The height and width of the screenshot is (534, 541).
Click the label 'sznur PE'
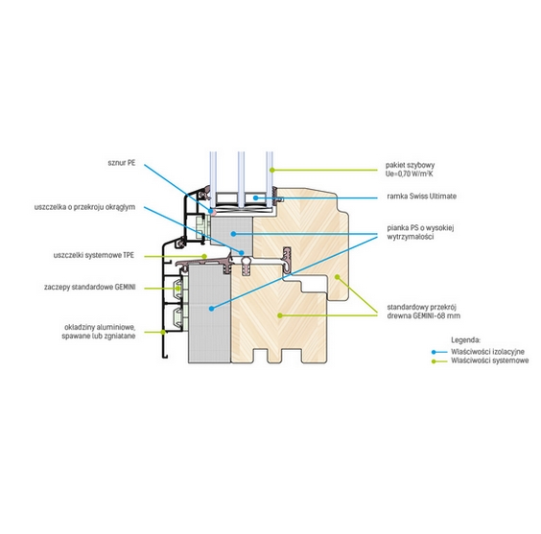tap(122, 163)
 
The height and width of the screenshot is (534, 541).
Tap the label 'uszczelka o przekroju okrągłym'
tap(84, 207)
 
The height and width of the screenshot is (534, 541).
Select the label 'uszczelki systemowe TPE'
tap(93, 255)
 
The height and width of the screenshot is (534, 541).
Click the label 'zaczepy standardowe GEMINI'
tap(90, 288)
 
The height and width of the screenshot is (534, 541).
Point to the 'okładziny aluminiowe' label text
tap(100, 327)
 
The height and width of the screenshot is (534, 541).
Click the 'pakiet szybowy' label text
tap(410, 165)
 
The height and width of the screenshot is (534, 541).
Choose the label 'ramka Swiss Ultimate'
tap(422, 197)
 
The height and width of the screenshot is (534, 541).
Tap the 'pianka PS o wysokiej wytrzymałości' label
tap(420, 232)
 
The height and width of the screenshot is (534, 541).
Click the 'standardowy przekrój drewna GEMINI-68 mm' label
tap(423, 312)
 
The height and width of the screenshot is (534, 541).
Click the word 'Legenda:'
tap(465, 340)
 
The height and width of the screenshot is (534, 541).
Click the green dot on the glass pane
tap(271, 170)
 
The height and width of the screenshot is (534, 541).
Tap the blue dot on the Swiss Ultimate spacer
tap(255, 197)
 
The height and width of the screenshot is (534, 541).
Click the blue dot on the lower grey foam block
tap(211, 309)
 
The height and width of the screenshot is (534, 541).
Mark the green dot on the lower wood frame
tap(280, 315)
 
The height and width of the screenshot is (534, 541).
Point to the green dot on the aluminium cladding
tap(163, 332)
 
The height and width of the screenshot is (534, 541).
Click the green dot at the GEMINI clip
tap(178, 289)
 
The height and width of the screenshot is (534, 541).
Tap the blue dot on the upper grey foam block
tap(233, 234)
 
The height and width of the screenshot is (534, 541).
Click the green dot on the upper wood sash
tap(337, 277)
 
